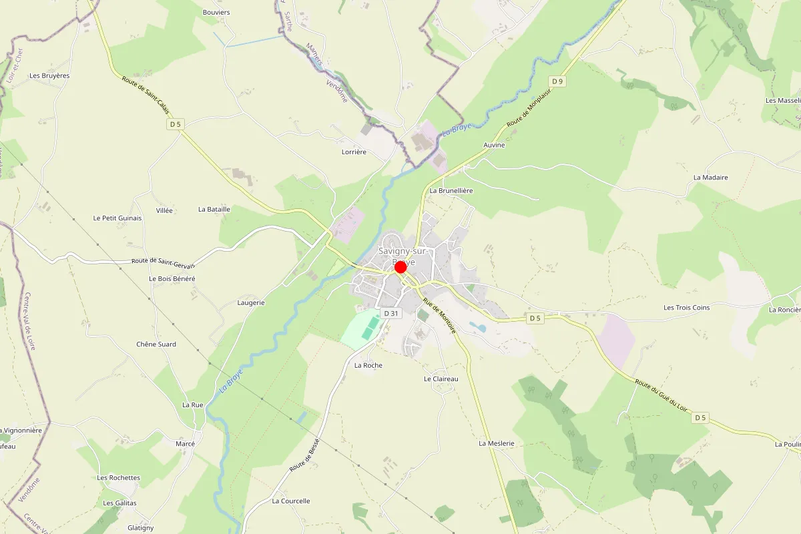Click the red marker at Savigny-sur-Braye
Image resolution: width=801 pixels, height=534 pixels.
400,267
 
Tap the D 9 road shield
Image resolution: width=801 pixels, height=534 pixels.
557,81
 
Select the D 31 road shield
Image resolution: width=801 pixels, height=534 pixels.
390,313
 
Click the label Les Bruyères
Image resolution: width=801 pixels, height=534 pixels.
49,75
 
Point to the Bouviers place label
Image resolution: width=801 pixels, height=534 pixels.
216,12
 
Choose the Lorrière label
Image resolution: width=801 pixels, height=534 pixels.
354,152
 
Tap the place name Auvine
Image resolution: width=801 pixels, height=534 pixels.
494,145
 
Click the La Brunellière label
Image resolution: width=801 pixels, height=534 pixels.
451,190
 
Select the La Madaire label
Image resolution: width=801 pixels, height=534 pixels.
710,178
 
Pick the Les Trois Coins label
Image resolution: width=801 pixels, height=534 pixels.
686,308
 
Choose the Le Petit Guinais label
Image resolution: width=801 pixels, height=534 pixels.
117,218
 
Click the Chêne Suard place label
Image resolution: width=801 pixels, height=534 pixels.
156,344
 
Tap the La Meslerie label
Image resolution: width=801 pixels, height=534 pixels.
497,443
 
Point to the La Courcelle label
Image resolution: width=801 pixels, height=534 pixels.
291,501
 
